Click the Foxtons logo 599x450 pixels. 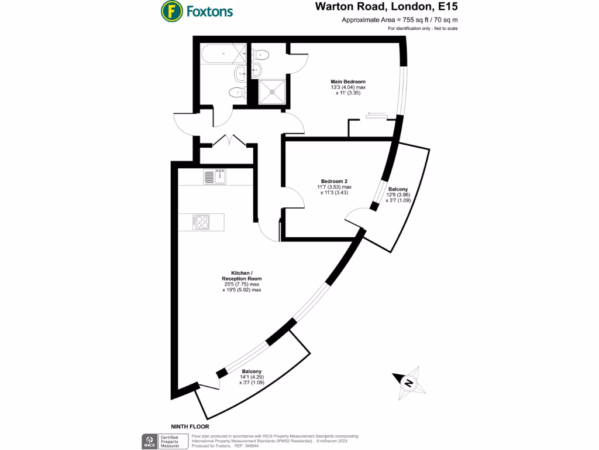(x=197, y=11)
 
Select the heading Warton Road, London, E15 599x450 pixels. (x=387, y=7)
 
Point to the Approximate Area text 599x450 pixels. (x=400, y=20)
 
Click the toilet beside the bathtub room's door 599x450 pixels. (x=236, y=92)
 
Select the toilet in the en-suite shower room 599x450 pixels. (x=262, y=55)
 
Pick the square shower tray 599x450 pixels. (x=271, y=92)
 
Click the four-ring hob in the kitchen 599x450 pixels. (x=202, y=222)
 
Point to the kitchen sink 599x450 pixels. (x=215, y=176)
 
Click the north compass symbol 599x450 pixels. (x=408, y=383)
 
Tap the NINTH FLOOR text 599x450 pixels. (x=190, y=427)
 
